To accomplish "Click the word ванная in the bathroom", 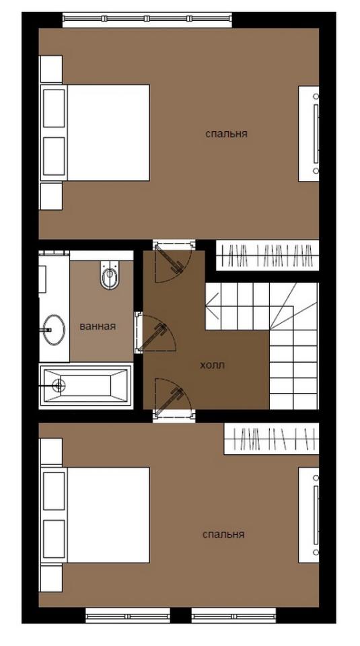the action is tap(98, 326).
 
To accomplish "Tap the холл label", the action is tap(212, 365).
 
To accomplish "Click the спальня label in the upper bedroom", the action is tap(226, 134).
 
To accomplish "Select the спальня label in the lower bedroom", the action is tap(223, 534).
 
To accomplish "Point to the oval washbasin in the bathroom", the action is tap(54, 330).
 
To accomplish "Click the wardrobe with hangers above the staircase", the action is tap(267, 256).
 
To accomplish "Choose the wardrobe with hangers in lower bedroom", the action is tap(271, 439).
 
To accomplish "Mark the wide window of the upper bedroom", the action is tap(147, 19).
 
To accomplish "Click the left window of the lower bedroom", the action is tap(128, 616).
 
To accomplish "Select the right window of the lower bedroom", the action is tap(233, 616).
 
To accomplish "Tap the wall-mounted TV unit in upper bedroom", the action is tap(309, 133).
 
